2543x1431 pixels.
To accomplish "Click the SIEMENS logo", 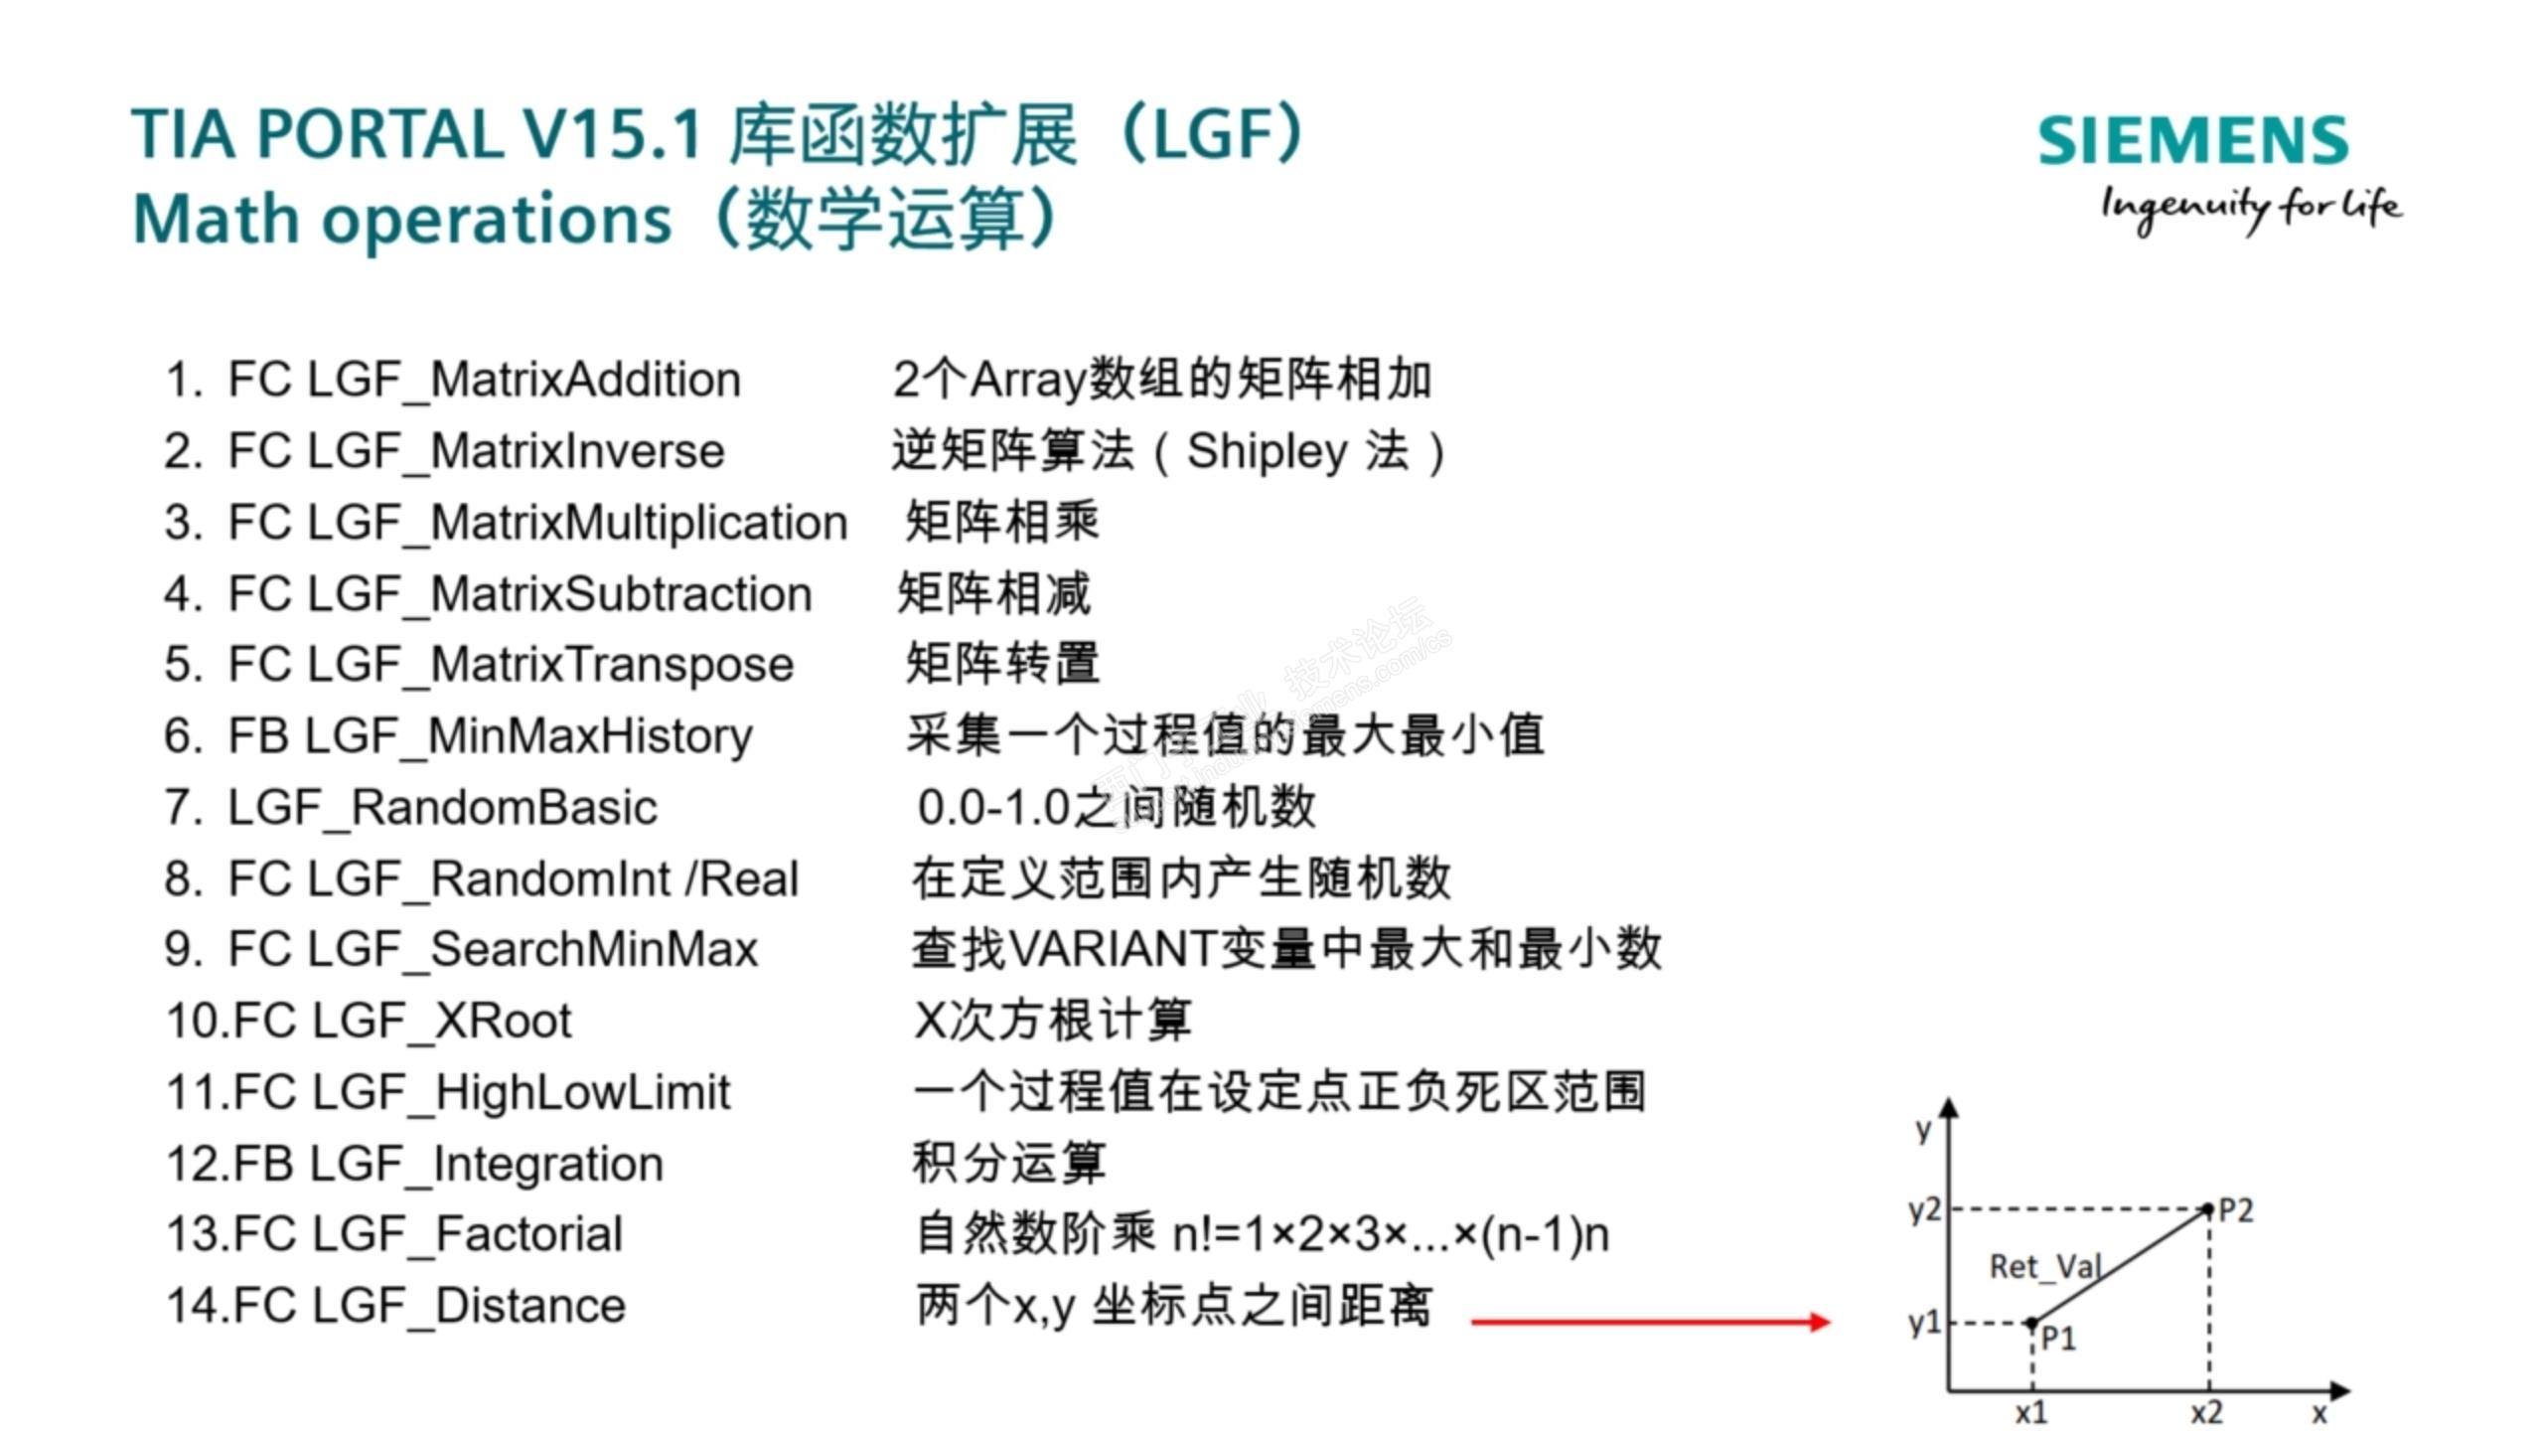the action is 2193,140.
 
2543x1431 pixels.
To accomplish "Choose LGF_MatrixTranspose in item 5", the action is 550,666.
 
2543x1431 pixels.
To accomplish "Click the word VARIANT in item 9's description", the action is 1112,949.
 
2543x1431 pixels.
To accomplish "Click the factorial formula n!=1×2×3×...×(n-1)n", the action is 1391,1235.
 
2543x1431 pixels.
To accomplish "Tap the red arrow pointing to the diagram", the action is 1650,1322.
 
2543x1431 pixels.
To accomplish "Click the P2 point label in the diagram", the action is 2236,1210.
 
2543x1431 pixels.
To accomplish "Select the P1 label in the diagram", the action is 2058,1340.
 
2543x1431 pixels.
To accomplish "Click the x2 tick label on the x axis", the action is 2207,1412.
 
